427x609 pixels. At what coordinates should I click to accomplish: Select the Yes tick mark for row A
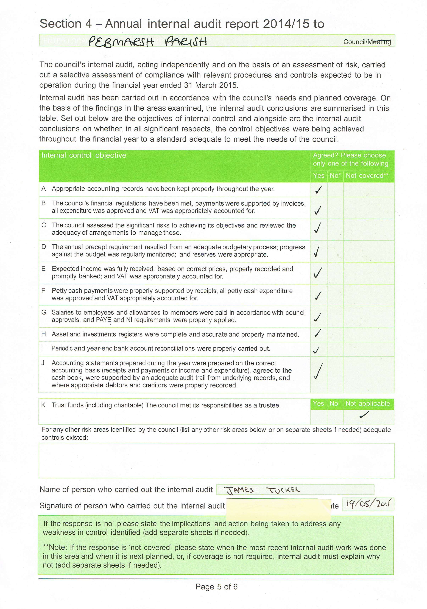pyautogui.click(x=318, y=189)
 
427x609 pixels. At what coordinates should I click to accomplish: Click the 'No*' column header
pyautogui.click(x=335, y=176)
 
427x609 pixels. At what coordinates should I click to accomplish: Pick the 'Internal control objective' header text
pyautogui.click(x=84, y=155)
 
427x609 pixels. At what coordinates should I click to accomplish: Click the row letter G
pyautogui.click(x=44, y=312)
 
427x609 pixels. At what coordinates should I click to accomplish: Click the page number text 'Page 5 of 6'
pyautogui.click(x=216, y=586)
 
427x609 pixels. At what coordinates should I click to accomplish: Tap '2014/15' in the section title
pyautogui.click(x=286, y=24)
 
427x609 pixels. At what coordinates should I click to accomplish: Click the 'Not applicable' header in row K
pyautogui.click(x=368, y=403)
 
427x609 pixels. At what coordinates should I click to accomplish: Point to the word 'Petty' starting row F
pyautogui.click(x=59, y=291)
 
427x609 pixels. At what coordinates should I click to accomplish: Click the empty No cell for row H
pyautogui.click(x=335, y=335)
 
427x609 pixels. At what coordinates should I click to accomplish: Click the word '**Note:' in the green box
pyautogui.click(x=55, y=548)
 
